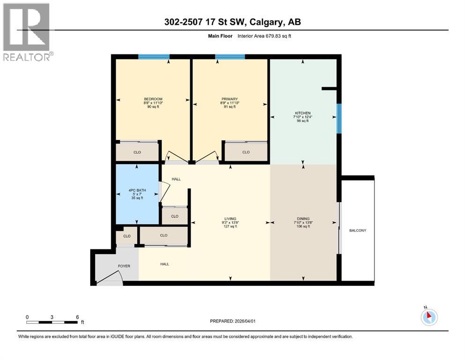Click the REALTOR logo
click(x=27, y=32)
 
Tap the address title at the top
click(x=232, y=22)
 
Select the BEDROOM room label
click(x=153, y=99)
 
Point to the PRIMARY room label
click(x=229, y=99)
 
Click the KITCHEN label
click(x=302, y=113)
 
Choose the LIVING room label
click(x=229, y=218)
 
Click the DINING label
click(x=303, y=218)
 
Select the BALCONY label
click(x=358, y=230)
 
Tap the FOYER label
click(x=124, y=266)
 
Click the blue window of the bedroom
click(x=154, y=57)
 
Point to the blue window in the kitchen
click(x=339, y=119)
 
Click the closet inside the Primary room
click(x=246, y=152)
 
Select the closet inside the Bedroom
click(x=137, y=152)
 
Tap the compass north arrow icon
click(x=428, y=316)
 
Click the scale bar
click(x=52, y=322)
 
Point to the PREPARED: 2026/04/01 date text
click(x=232, y=321)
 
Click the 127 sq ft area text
click(x=229, y=226)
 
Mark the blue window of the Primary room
click(x=230, y=57)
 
